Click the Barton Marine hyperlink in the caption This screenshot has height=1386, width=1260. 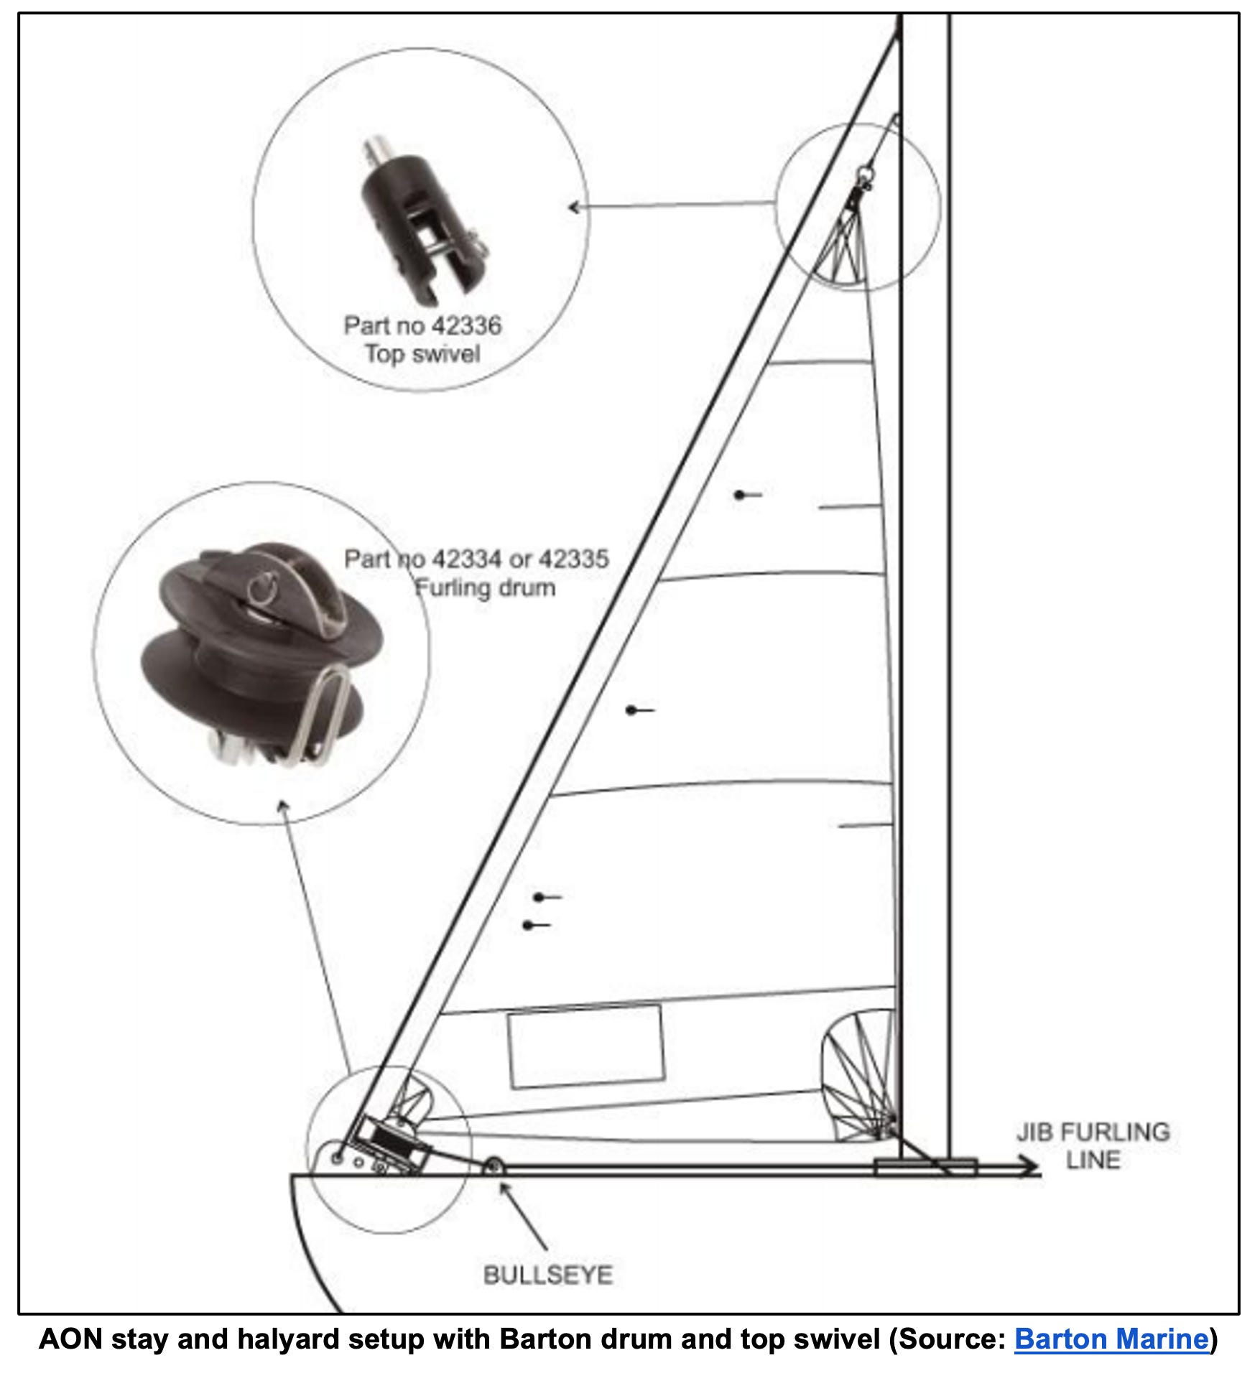1111,1339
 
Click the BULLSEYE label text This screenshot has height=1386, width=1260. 548,1275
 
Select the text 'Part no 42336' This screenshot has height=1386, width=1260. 422,325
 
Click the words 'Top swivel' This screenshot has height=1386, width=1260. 422,354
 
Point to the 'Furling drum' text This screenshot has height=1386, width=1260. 486,587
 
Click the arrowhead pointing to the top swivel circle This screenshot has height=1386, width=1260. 573,208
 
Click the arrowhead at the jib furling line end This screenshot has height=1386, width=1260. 1031,1167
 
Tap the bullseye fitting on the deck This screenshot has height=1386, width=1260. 493,1167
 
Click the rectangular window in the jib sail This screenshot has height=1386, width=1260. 585,1046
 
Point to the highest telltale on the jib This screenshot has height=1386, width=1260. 740,495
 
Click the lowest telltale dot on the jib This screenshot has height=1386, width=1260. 529,926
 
